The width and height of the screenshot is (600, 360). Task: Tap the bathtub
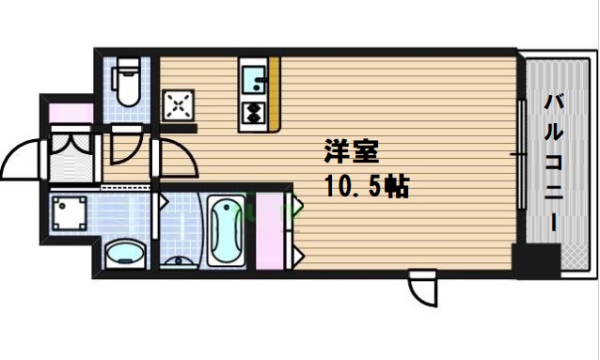[226, 230]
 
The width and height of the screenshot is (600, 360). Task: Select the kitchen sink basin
[253, 79]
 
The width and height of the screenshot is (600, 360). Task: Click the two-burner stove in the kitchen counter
[253, 114]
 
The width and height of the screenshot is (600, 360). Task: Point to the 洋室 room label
[352, 151]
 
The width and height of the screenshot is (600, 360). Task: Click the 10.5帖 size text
[367, 186]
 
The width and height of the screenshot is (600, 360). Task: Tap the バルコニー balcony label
[554, 164]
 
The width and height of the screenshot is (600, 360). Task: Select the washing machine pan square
[70, 213]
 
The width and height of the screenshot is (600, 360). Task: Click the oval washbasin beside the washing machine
[125, 254]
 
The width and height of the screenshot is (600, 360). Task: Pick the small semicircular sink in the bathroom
[179, 261]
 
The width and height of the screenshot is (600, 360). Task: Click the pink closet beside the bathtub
[270, 230]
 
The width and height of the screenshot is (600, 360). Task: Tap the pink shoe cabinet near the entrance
[71, 113]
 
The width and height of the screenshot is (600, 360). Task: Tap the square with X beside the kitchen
[178, 105]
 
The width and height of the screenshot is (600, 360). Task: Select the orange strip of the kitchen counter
[275, 94]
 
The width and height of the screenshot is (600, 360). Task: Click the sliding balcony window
[521, 154]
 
